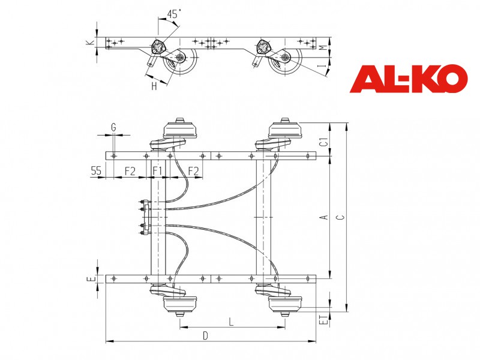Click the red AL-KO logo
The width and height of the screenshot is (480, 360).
point(409,79)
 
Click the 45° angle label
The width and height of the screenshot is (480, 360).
point(174,14)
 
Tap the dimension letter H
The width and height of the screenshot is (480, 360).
point(154,86)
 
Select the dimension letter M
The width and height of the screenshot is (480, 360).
point(322,48)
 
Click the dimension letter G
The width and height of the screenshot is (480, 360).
point(113,127)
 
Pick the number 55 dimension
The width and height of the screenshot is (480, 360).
point(96,170)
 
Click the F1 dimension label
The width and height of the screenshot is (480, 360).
point(157,170)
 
